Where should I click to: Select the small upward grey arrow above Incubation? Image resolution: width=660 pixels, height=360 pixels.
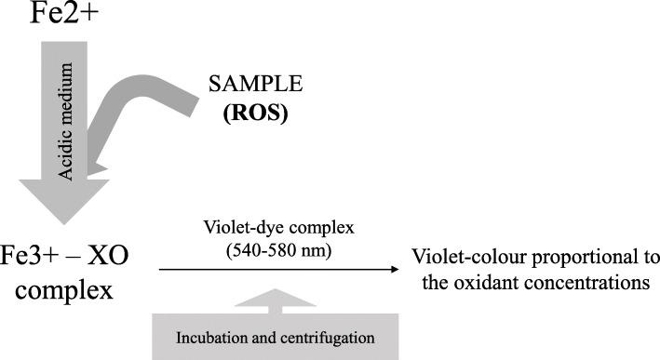(x=276, y=298)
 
